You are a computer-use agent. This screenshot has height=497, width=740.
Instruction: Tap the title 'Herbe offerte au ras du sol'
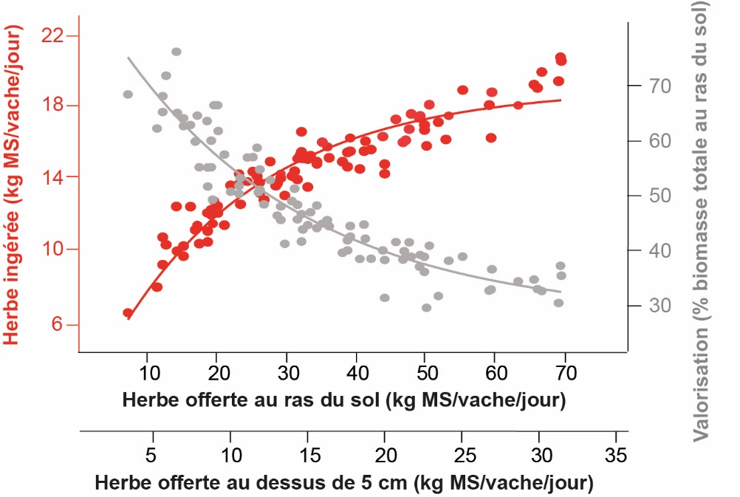[344, 400]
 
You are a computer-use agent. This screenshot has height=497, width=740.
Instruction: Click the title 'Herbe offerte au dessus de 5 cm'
[344, 484]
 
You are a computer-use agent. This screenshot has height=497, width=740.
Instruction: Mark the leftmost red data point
[128, 313]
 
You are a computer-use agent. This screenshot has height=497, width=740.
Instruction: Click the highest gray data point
[177, 52]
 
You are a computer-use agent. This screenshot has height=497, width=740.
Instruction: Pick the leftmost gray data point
[128, 95]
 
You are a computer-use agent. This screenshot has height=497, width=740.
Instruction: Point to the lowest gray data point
[426, 307]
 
